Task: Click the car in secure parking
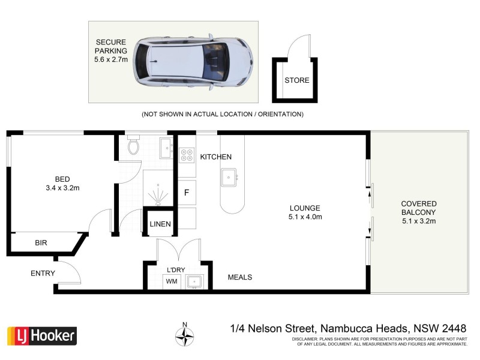(191, 62)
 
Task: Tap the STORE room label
(296, 80)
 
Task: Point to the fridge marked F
(187, 193)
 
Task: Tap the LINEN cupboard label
(160, 224)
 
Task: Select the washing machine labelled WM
(172, 280)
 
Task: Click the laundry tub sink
(194, 281)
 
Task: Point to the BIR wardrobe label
(41, 243)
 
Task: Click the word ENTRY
(43, 274)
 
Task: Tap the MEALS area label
(239, 277)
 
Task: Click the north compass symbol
(185, 335)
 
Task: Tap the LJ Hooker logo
(41, 335)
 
